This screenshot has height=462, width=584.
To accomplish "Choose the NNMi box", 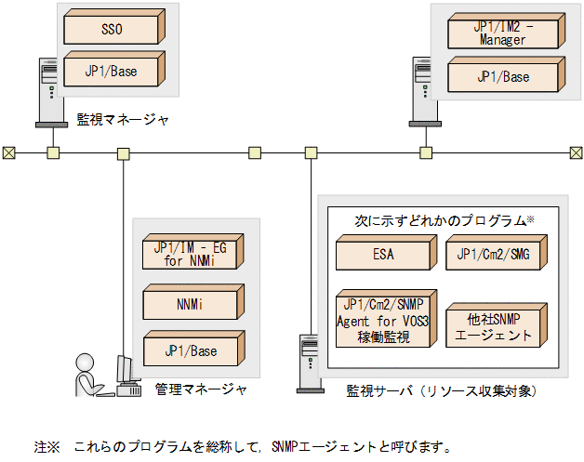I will (190, 303).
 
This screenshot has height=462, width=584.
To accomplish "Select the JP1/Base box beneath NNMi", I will (190, 351).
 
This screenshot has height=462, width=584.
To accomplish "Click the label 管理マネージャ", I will (201, 389).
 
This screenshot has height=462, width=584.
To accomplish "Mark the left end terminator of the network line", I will (8, 152).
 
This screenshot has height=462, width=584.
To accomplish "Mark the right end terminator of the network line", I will (576, 152).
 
